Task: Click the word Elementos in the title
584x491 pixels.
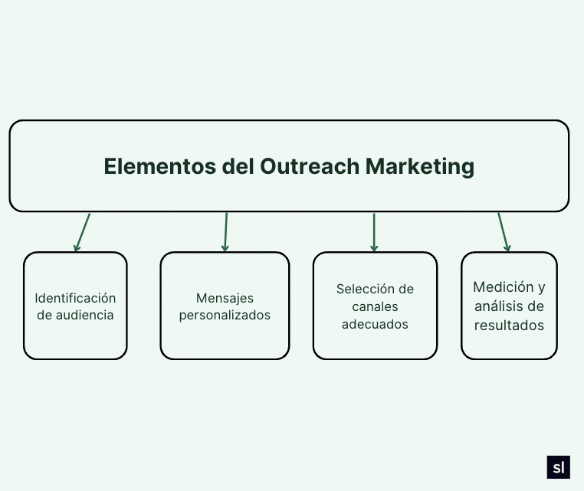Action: point(159,166)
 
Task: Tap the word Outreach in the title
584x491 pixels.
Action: point(310,166)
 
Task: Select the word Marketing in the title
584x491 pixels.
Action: point(420,167)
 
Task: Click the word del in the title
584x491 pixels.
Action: point(238,166)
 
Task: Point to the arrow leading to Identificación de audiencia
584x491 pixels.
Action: point(82,232)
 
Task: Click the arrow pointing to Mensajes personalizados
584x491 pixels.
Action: point(225,232)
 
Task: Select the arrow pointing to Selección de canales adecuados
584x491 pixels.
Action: point(374,232)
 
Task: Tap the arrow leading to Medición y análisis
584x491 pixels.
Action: point(504,232)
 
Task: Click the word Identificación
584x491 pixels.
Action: point(75,298)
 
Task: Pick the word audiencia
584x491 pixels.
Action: point(84,316)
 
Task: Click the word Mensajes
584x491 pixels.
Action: point(225,298)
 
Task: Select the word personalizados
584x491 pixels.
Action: point(225,316)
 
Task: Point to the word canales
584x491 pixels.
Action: point(375,306)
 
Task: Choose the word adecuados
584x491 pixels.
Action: point(375,324)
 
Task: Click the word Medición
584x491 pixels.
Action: point(504,287)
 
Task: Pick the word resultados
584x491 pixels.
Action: point(509,326)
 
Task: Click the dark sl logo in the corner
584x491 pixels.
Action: point(558,467)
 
